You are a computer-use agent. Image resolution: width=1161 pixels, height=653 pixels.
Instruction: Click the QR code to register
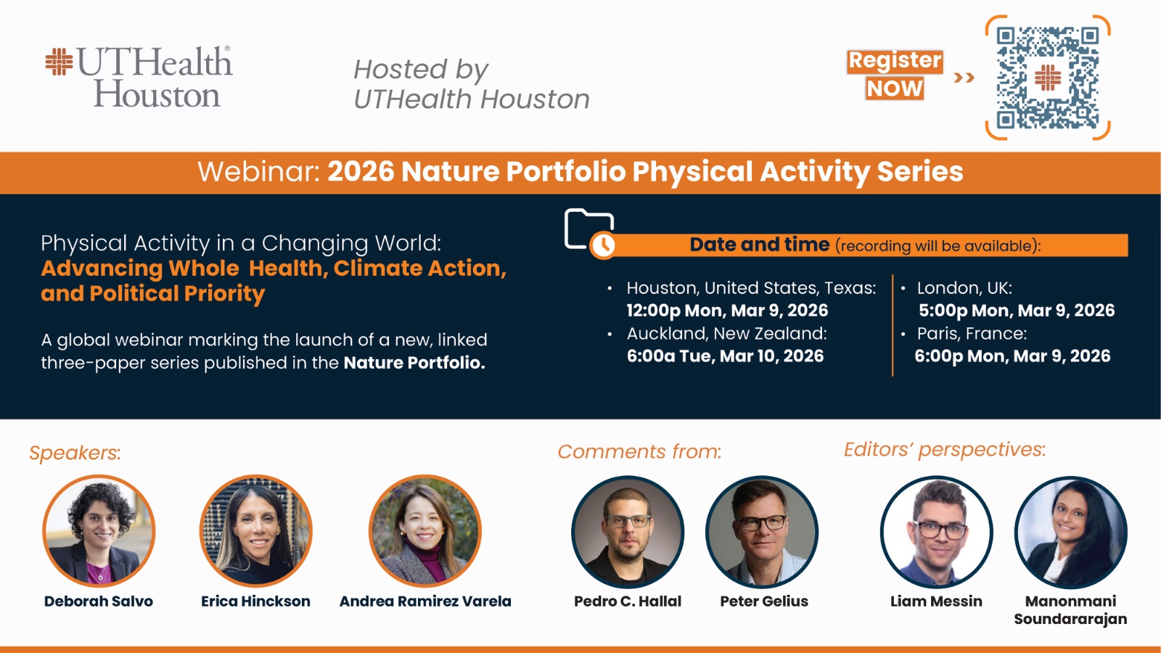tap(1048, 78)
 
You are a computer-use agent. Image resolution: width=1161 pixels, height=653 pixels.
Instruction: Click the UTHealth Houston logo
tap(139, 77)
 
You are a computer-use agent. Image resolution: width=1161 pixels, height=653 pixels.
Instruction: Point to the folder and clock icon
tap(590, 233)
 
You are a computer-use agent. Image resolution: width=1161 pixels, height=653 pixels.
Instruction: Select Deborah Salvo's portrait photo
tap(99, 531)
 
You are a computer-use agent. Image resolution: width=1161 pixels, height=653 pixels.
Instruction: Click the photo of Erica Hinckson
tap(255, 531)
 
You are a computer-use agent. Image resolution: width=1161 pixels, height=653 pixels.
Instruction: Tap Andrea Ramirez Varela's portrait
tap(425, 531)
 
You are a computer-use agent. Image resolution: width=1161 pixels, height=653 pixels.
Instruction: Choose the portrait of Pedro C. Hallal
tap(628, 533)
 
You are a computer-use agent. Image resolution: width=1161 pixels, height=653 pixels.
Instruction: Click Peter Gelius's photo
tap(762, 533)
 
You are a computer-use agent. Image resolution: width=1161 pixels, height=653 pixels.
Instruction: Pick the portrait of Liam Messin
tap(937, 533)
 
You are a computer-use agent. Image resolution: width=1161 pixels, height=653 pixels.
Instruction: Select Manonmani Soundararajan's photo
tap(1071, 533)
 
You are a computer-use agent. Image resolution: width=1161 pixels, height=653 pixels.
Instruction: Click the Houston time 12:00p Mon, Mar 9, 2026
tap(727, 311)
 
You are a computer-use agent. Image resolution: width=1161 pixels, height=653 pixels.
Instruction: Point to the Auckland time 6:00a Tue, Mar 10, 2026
tap(725, 356)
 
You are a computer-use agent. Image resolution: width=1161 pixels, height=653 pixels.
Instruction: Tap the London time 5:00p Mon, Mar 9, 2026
tap(1017, 311)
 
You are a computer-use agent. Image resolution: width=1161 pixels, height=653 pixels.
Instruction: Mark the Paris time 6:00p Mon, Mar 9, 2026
tap(1012, 356)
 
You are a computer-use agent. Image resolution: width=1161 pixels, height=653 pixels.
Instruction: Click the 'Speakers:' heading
tap(75, 453)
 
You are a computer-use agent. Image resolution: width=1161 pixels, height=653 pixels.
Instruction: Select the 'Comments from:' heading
tap(639, 451)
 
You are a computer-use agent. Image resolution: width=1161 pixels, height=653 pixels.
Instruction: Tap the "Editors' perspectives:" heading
tap(945, 449)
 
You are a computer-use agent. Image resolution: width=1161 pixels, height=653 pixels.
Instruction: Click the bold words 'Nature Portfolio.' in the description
tap(414, 363)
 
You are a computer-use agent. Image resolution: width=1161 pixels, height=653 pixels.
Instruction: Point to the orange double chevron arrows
tap(964, 78)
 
